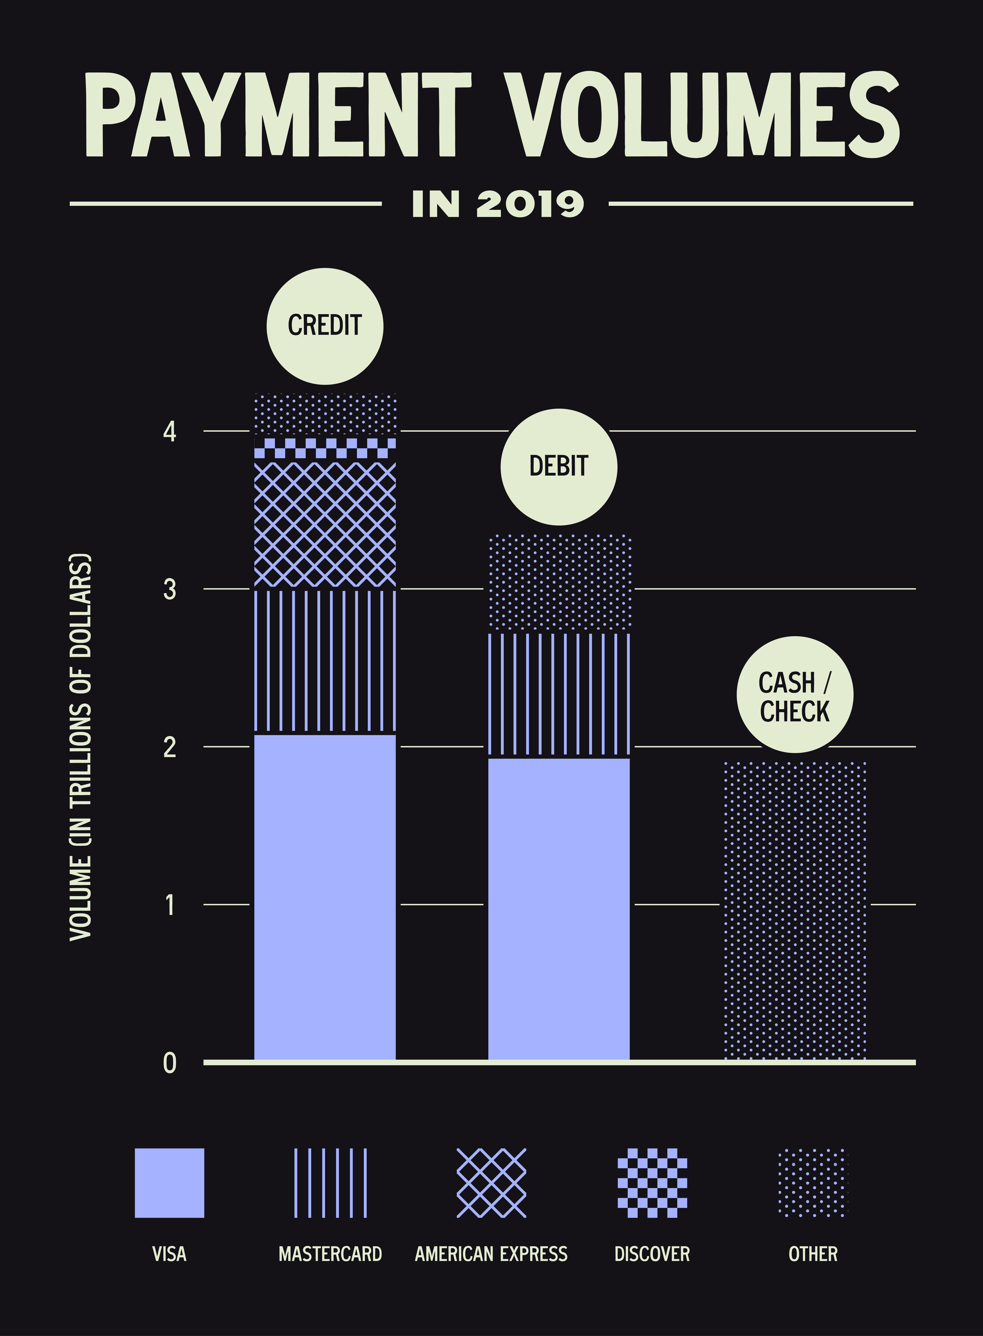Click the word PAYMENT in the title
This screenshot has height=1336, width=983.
pos(278,115)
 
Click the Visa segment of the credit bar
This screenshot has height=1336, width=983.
pos(325,899)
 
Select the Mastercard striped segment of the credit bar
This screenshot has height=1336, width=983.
pos(325,660)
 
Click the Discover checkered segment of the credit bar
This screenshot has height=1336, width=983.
pos(325,448)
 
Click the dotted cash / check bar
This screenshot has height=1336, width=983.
pos(794,911)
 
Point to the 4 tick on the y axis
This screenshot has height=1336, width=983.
pos(170,431)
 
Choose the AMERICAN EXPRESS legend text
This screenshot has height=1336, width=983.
pos(491,1254)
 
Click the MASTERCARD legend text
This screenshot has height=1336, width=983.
pos(330,1254)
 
